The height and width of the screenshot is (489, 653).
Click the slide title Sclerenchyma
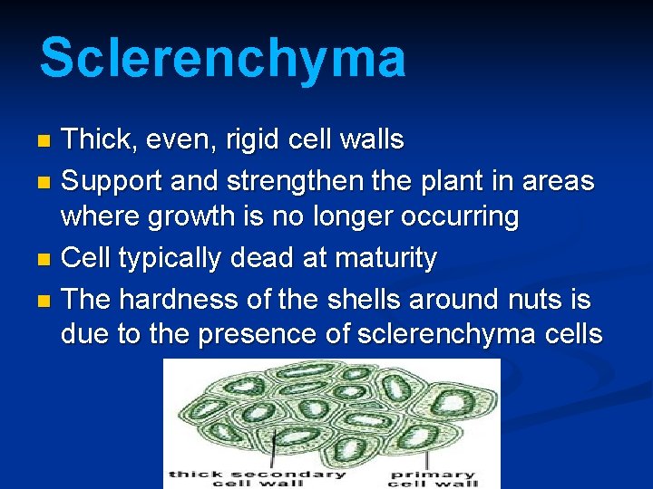[222, 58]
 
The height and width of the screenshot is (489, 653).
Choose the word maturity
[385, 258]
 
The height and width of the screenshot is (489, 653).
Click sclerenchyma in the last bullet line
[448, 334]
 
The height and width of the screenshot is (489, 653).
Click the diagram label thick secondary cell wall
[257, 477]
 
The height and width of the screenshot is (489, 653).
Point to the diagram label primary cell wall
[433, 477]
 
